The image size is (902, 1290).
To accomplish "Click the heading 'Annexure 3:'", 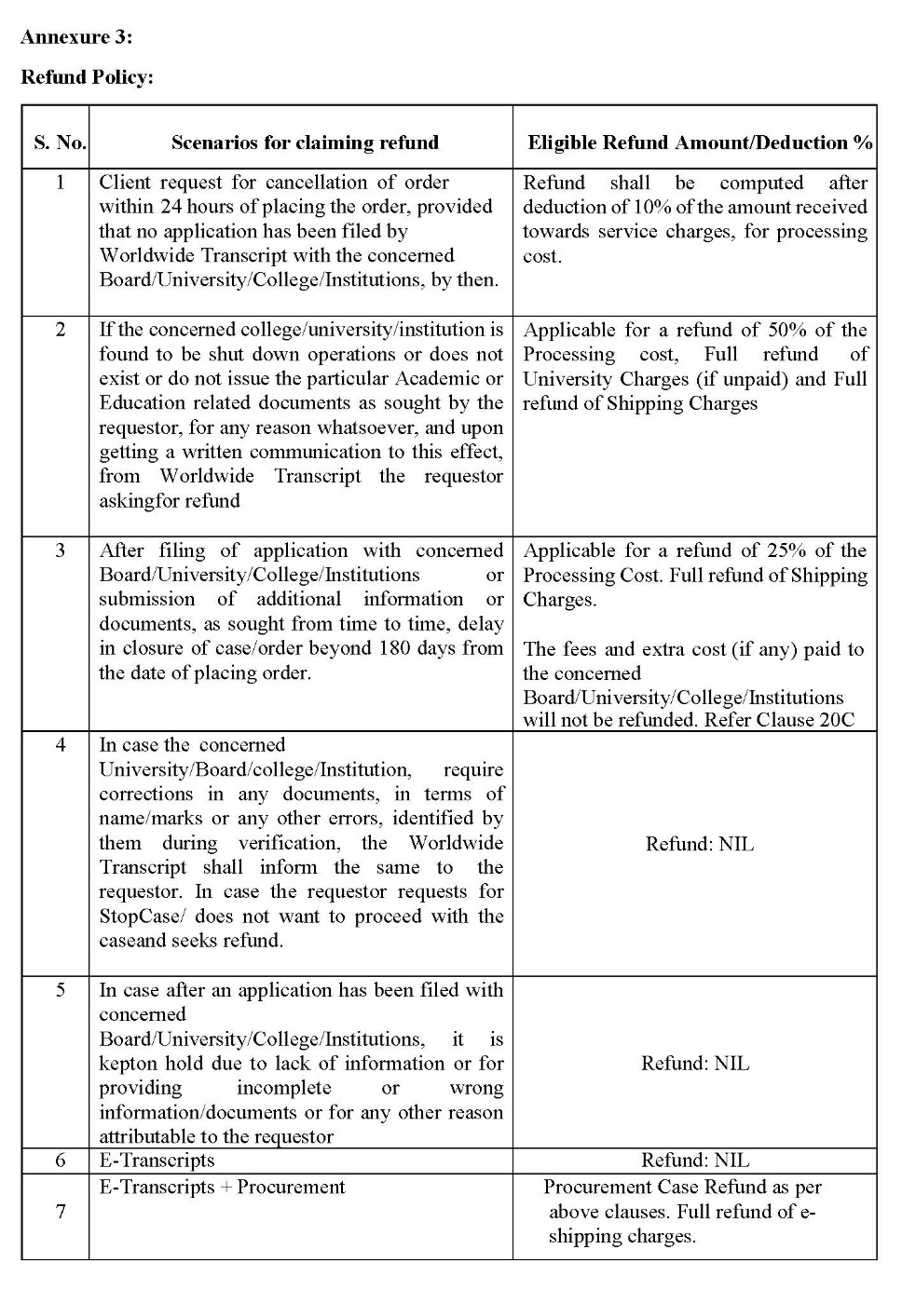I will pyautogui.click(x=76, y=37).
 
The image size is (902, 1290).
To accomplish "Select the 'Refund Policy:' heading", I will pyautogui.click(x=87, y=77).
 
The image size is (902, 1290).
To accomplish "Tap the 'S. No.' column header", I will pyautogui.click(x=60, y=143).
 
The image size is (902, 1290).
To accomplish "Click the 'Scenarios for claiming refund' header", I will pyautogui.click(x=305, y=143).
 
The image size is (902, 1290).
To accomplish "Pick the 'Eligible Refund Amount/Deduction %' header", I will pyautogui.click(x=700, y=143).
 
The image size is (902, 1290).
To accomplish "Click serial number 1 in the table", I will pyautogui.click(x=61, y=182).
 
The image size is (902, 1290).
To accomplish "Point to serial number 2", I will pyautogui.click(x=61, y=330).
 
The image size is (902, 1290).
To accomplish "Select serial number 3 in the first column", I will pyautogui.click(x=61, y=550).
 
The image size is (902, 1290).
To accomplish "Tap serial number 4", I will pyautogui.click(x=61, y=745).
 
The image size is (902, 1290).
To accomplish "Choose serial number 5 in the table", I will pyautogui.click(x=61, y=990).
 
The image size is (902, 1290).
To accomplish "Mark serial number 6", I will pyautogui.click(x=61, y=1161).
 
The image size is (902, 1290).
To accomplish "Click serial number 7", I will pyautogui.click(x=61, y=1212).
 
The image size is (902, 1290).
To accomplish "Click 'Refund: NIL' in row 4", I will pyautogui.click(x=700, y=845).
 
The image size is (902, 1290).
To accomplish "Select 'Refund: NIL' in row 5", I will pyautogui.click(x=695, y=1064).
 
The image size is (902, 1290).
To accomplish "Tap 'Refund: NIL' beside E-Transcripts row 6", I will pyautogui.click(x=695, y=1161).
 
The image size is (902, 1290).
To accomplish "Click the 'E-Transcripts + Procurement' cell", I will pyautogui.click(x=222, y=1188).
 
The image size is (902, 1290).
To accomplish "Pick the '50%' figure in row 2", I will pyautogui.click(x=787, y=330).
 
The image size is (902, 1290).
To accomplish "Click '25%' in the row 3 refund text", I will pyautogui.click(x=787, y=550).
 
